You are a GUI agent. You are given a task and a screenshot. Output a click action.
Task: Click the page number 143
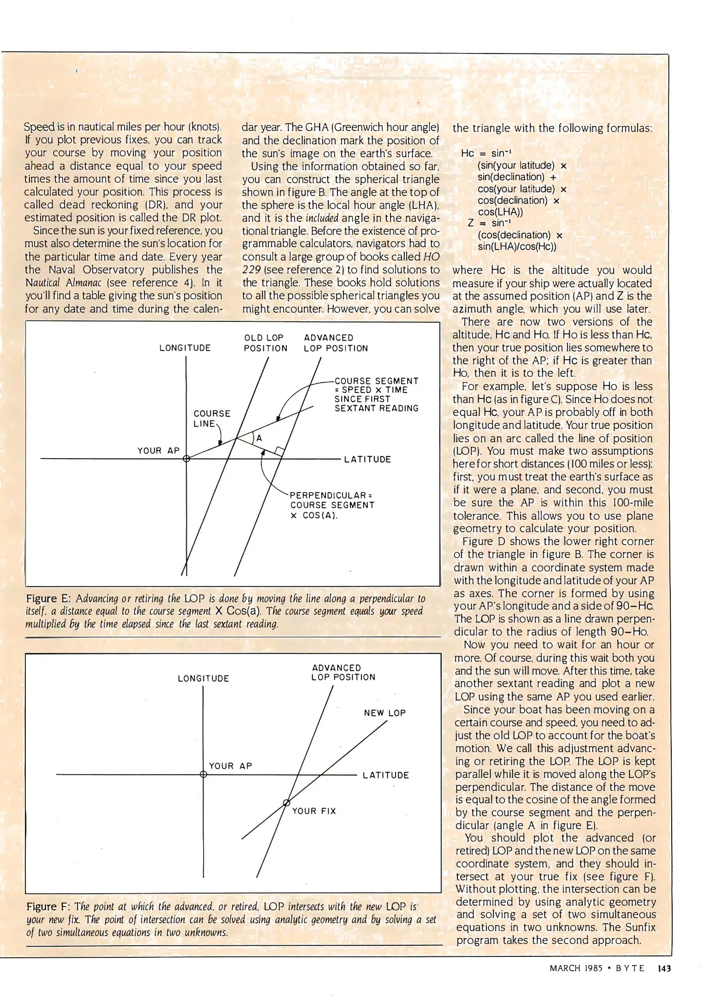point(664,968)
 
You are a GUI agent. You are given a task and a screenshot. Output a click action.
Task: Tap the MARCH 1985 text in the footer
point(576,968)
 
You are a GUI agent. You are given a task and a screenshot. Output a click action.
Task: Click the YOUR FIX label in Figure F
point(314,811)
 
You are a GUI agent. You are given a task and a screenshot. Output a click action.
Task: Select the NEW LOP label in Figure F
point(385,713)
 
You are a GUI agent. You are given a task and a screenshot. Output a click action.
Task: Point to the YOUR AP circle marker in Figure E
point(187,459)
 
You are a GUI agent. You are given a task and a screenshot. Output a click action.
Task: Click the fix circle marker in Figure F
point(286,803)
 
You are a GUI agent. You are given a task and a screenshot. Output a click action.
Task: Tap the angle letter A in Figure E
point(259,438)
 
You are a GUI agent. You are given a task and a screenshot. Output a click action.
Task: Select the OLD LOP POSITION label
point(265,343)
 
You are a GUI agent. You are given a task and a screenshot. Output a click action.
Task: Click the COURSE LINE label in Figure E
point(211,418)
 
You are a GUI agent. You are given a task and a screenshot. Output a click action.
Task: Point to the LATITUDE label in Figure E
point(367,459)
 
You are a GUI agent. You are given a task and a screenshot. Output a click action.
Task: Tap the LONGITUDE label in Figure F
point(203,679)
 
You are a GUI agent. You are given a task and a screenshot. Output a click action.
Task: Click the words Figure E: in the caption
point(48,599)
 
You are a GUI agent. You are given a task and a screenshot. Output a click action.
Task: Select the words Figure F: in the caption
point(48,907)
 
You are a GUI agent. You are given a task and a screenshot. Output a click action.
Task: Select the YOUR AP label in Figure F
point(230,766)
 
